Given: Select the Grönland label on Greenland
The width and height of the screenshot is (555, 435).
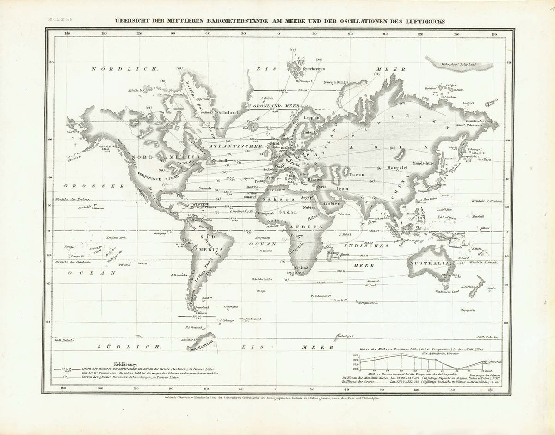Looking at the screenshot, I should pos(228,112).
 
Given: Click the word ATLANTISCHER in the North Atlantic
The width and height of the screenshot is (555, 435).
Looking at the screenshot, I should pos(230,147).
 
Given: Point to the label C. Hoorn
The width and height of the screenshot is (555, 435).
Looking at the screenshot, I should pos(199,313).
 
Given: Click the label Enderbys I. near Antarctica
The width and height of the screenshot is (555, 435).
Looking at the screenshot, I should pos(345,336).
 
